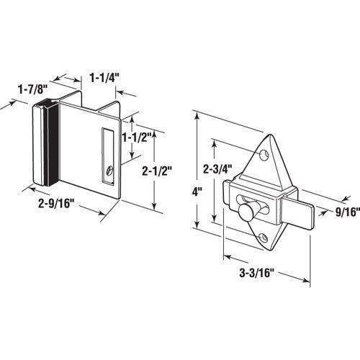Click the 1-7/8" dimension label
coord(32,89)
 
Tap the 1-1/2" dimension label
coord(135,137)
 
